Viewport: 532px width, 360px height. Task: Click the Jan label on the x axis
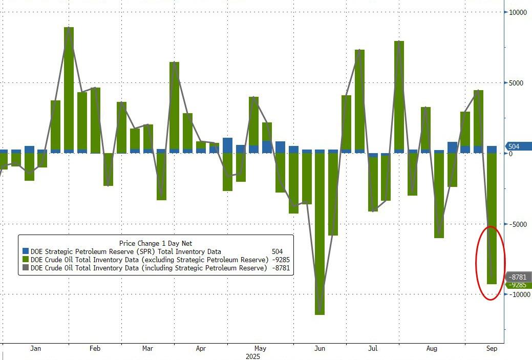click(x=35, y=349)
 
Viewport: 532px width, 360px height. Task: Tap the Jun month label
click(x=319, y=349)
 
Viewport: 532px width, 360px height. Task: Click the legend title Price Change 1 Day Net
click(x=156, y=243)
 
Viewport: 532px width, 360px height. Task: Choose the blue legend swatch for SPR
click(x=26, y=251)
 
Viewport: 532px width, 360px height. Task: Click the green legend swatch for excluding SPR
click(x=26, y=260)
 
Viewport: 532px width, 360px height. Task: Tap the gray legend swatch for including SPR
click(x=26, y=268)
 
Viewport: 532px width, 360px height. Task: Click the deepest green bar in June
click(x=320, y=236)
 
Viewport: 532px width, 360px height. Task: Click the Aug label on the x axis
click(x=432, y=349)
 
